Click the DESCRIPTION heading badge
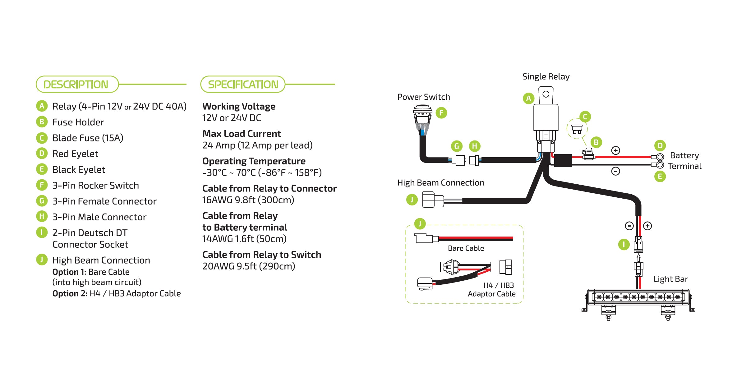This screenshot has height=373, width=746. (77, 84)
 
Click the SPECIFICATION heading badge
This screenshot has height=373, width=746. (243, 84)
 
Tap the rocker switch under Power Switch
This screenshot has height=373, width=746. (422, 118)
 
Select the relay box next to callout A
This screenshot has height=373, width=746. (546, 117)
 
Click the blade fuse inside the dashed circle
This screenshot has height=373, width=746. (577, 129)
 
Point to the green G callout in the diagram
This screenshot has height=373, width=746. (457, 146)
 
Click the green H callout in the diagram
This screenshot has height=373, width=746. (475, 146)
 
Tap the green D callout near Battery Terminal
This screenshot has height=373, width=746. (660, 145)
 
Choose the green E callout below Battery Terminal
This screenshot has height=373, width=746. (660, 177)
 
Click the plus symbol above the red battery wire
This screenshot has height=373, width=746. (615, 150)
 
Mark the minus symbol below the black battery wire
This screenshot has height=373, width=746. (615, 171)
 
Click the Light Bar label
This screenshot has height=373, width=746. (670, 279)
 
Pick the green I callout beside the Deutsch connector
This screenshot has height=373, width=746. (624, 244)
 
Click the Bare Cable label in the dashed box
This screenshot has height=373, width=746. (466, 248)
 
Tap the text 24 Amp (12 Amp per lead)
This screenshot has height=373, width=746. (257, 145)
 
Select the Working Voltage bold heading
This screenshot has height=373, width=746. (239, 106)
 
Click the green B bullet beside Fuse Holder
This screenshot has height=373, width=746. (42, 122)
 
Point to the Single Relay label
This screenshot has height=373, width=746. (546, 76)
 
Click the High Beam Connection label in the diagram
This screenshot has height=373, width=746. (440, 183)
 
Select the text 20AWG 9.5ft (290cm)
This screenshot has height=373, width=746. (249, 266)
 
